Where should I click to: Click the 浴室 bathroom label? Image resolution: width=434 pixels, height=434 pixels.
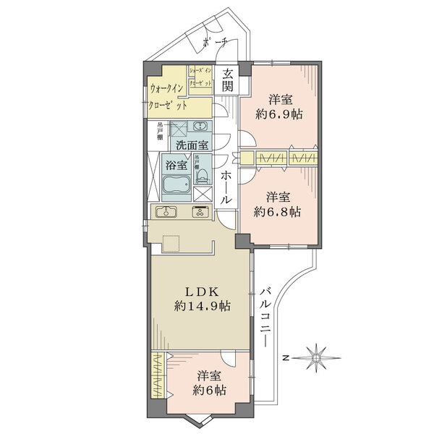pos(173,165)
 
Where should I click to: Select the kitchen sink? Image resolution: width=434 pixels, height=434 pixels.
pos(166,212)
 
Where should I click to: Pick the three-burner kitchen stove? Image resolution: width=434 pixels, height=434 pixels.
pos(198,212)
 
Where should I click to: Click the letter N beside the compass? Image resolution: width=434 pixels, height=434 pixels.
pos(286,357)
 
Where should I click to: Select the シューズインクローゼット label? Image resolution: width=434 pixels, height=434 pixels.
pos(200,76)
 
